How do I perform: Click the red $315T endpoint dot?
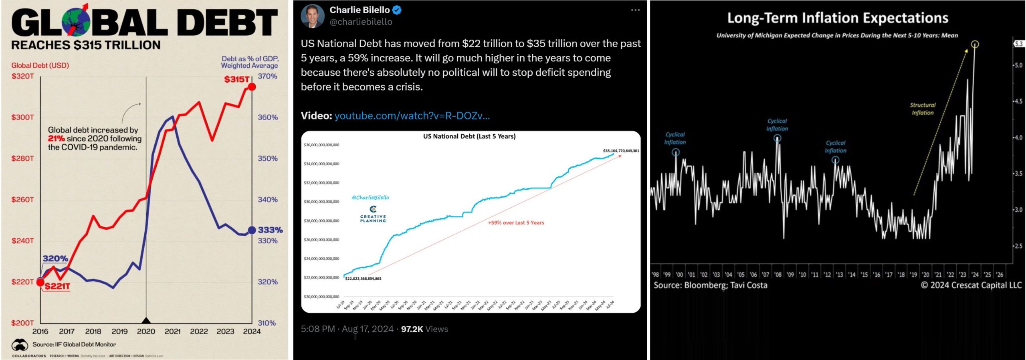coord(252,87)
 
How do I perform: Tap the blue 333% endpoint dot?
coord(252,230)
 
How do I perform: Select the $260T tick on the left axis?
coord(23,200)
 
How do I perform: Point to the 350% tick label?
coord(267,158)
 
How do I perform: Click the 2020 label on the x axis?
coord(146,332)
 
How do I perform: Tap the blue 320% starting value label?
coord(55,259)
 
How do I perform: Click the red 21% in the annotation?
coord(57,139)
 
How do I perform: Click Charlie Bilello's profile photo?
coord(313,16)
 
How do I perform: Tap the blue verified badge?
coord(397,10)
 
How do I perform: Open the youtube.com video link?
coord(412,116)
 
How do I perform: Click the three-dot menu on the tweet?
coord(635,10)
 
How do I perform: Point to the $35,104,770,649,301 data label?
coord(621,151)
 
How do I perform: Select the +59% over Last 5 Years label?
coord(516,223)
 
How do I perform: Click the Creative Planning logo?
coord(373,214)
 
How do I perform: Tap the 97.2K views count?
coord(412,329)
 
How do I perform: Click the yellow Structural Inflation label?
coord(923,109)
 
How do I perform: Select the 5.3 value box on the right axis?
coord(1019,44)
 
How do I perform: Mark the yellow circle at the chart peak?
coord(975,44)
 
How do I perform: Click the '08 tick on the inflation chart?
coord(778,275)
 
